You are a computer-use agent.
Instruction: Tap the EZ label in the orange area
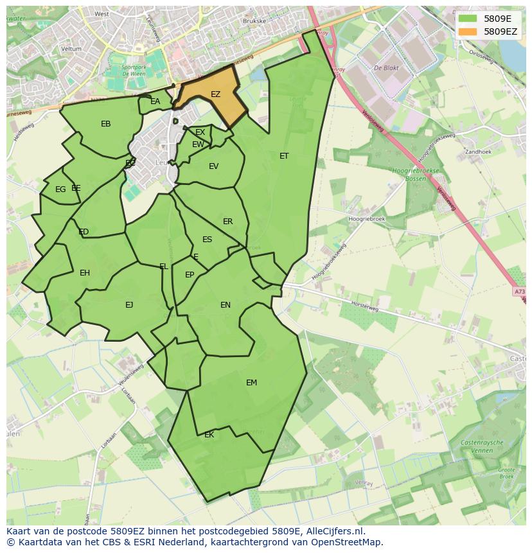(x=215, y=94)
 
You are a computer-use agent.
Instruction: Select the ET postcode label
(x=284, y=156)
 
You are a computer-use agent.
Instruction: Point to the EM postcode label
(x=251, y=383)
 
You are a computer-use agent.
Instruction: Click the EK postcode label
(x=209, y=435)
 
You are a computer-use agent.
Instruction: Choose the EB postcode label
(x=106, y=124)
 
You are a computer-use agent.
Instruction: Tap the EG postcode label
(x=60, y=189)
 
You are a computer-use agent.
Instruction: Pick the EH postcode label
(x=85, y=273)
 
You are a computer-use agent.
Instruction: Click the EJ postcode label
(x=129, y=305)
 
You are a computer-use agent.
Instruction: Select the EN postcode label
(x=226, y=305)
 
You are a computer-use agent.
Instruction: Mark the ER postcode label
(x=227, y=222)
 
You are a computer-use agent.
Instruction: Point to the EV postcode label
(x=213, y=166)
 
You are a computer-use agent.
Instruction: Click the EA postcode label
(x=155, y=101)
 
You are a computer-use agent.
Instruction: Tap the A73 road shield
(x=519, y=292)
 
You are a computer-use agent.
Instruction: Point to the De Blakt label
(x=387, y=67)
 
